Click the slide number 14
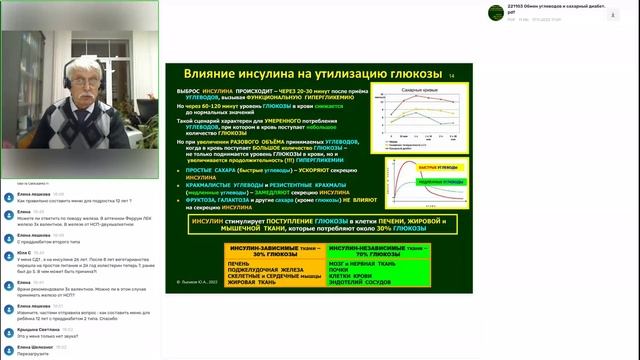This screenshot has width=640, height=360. point(451,75)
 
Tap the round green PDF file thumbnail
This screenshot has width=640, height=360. point(494,12)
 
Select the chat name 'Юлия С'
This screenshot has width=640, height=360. point(24,253)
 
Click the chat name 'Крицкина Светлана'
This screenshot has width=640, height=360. point(38,329)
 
